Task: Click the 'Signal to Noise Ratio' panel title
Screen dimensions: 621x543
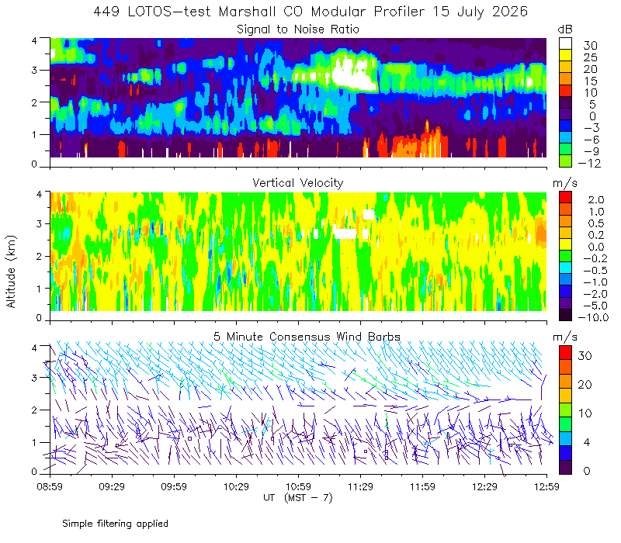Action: pos(298,29)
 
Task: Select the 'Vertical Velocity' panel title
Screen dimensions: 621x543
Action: pos(298,183)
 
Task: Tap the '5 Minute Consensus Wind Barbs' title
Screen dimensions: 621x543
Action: pos(307,337)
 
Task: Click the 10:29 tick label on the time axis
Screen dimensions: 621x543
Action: pos(236,486)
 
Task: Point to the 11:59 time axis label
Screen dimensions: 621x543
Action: pos(422,486)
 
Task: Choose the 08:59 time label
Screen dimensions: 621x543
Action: pos(50,486)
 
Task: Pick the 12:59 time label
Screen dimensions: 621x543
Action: pos(546,486)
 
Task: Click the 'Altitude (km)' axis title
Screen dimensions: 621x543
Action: pos(11,271)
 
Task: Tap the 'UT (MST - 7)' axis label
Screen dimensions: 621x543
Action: pos(298,497)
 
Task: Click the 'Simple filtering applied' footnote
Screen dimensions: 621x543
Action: pos(115,524)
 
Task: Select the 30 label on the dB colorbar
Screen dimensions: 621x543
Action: pos(590,46)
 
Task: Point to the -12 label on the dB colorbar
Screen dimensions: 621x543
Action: pos(589,163)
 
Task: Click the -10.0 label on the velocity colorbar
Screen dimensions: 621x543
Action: pos(593,317)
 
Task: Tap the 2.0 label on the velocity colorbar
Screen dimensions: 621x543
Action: pos(596,200)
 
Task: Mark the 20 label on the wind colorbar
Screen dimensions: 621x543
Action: pos(585,384)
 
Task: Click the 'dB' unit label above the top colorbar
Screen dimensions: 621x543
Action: pos(565,29)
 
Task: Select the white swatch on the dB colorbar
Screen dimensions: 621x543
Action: pos(565,43)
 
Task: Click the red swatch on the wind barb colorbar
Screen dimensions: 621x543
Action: pos(565,353)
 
